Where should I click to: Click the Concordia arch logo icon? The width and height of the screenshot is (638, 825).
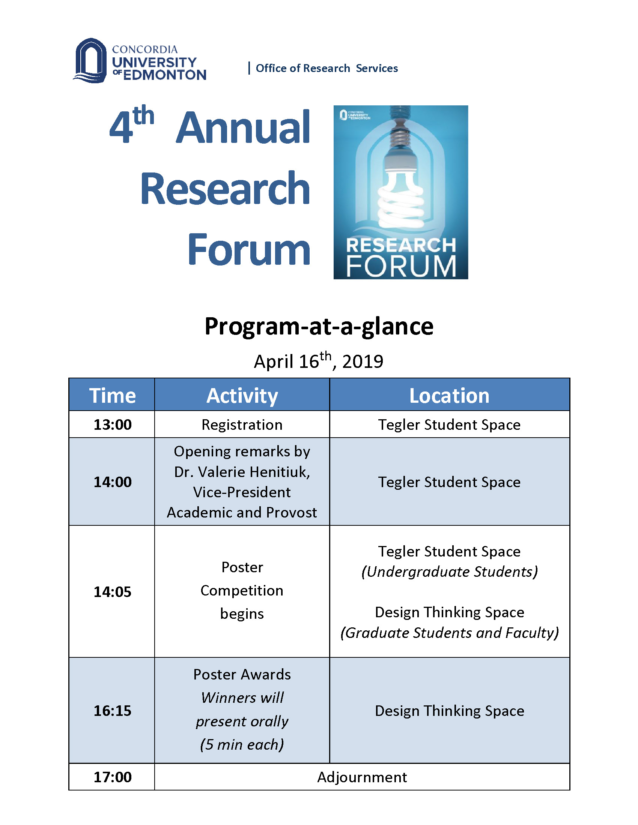click(x=90, y=60)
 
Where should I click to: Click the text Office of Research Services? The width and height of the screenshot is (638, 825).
click(x=327, y=68)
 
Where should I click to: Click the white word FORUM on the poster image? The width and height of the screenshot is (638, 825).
click(x=401, y=267)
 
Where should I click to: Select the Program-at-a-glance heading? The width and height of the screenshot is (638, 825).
click(x=319, y=326)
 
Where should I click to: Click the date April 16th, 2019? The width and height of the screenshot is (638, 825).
click(x=319, y=361)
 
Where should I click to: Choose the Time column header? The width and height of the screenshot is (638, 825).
click(x=112, y=396)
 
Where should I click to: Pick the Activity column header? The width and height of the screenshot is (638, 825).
click(x=242, y=396)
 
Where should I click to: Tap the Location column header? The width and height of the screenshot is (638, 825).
click(x=449, y=396)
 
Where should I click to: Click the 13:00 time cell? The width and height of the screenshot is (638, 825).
click(x=112, y=424)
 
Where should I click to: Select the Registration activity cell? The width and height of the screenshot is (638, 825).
click(x=242, y=424)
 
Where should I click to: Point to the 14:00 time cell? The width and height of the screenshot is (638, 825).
click(x=112, y=482)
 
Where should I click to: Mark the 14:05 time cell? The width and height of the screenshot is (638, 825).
click(x=112, y=591)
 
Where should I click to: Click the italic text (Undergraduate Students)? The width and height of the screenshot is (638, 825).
click(x=449, y=572)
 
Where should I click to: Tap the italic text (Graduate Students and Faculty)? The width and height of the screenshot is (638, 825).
click(x=449, y=633)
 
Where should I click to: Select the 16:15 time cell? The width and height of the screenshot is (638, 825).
click(x=112, y=711)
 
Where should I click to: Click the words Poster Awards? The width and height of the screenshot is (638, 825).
click(x=242, y=674)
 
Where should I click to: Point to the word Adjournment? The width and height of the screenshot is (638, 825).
click(x=362, y=777)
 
